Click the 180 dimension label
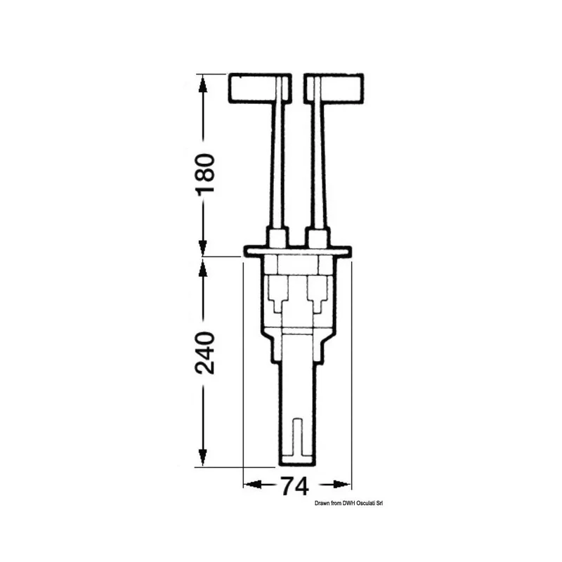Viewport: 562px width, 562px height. (205, 175)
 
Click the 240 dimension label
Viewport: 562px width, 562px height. (205, 353)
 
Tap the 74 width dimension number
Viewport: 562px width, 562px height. (294, 486)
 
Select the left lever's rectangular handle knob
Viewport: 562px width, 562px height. (260, 89)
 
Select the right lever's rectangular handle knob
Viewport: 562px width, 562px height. (334, 89)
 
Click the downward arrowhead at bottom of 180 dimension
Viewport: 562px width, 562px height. (203, 247)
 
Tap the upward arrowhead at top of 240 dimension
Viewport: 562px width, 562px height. (203, 268)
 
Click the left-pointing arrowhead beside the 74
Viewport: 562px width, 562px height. (254, 485)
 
